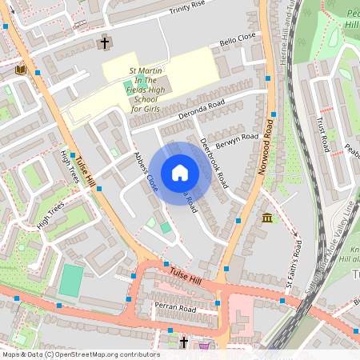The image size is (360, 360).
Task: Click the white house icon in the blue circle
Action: click(180, 173)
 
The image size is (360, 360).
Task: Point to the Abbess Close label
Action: click(146, 171)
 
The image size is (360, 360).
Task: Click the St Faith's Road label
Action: click(294, 263)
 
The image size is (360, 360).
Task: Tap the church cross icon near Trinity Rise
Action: click(104, 42)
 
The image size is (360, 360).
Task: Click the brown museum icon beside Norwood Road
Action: click(266, 218)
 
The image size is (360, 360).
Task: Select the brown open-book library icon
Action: click(21, 70)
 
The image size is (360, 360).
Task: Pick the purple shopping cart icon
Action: click(205, 346)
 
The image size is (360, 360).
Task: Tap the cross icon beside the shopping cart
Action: click(184, 342)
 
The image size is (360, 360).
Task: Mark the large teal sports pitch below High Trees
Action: click(71, 281)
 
